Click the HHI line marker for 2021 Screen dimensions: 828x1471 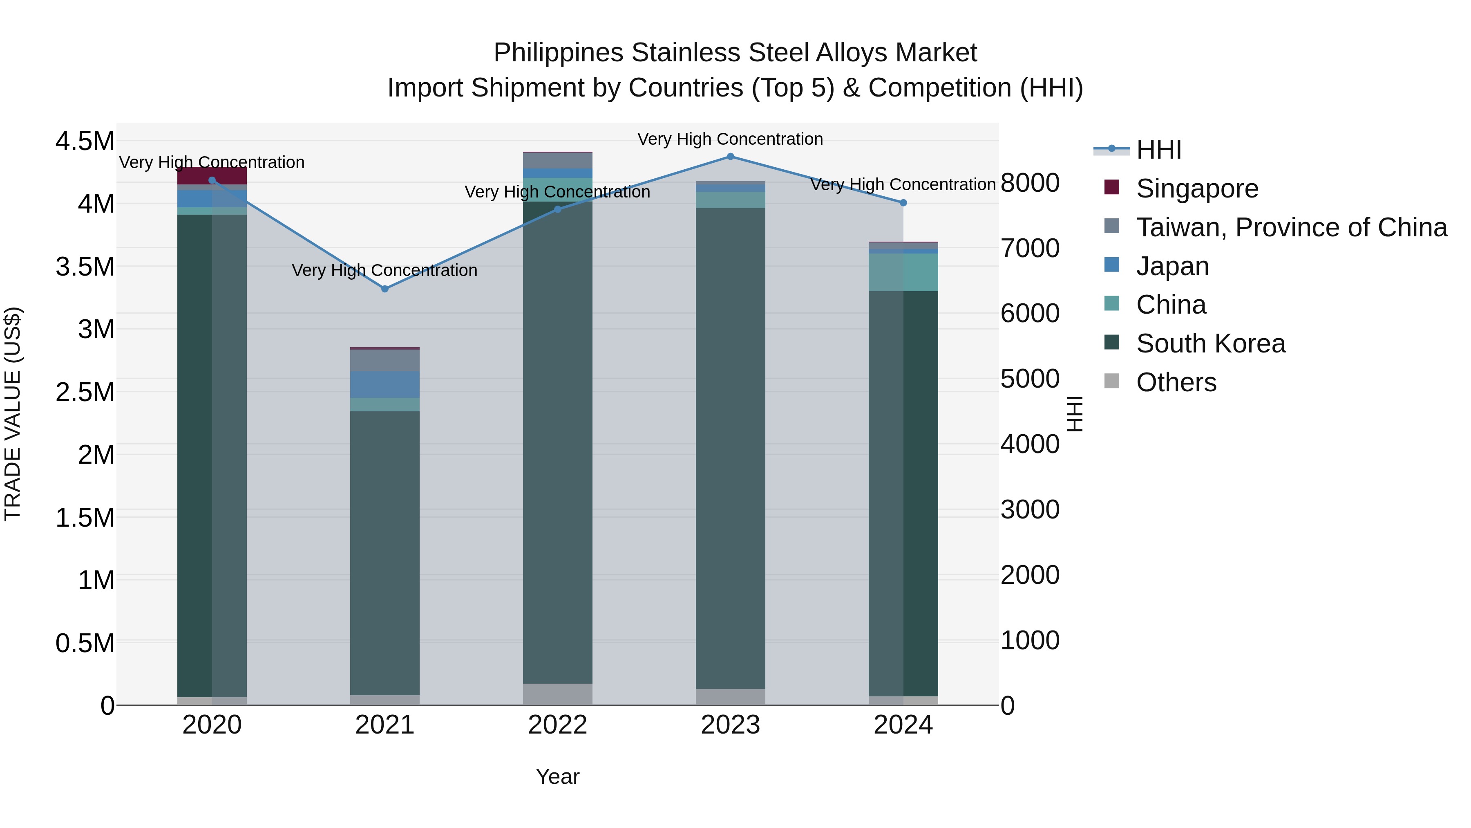[x=385, y=289]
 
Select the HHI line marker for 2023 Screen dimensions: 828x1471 [x=730, y=157]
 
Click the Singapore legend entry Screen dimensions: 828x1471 [x=1197, y=188]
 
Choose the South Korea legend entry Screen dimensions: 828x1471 [x=1211, y=343]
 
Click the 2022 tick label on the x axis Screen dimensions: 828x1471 [x=557, y=725]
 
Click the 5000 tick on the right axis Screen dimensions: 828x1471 [x=1030, y=379]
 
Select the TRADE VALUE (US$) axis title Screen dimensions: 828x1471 [x=13, y=414]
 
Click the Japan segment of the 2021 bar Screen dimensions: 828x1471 [x=385, y=385]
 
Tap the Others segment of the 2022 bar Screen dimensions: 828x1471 [x=558, y=694]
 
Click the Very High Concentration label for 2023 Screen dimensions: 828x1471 [x=730, y=139]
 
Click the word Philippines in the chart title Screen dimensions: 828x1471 [x=559, y=53]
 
